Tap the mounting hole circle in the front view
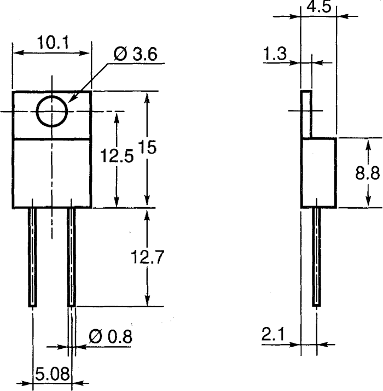[x=52, y=112]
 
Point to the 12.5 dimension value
[x=117, y=157]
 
